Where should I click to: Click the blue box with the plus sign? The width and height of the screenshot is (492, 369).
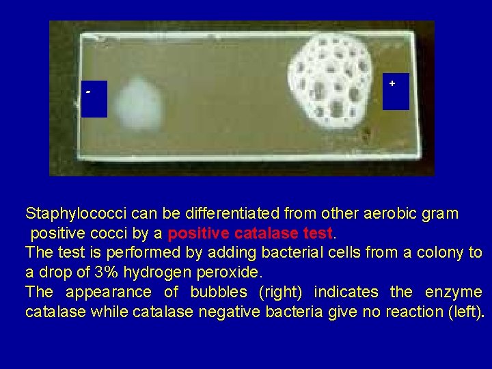396,92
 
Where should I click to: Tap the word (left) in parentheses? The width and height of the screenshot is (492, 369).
467,312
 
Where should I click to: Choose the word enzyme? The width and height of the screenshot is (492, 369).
453,292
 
